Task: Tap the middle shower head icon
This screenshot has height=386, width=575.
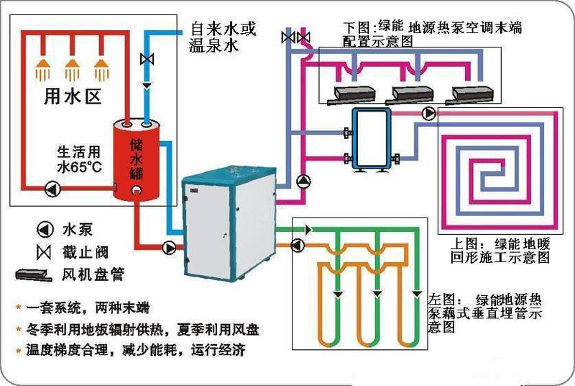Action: pos(72,70)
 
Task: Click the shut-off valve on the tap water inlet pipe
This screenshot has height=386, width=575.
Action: pos(147,58)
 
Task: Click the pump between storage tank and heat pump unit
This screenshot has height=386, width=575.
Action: pos(170,247)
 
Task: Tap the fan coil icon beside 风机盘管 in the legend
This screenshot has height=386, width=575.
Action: pos(35,274)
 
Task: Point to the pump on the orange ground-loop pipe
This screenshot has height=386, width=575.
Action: pos(296,246)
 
